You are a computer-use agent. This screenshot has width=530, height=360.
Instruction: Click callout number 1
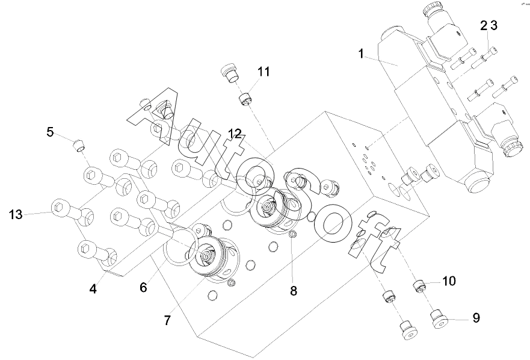pyautogui.click(x=362, y=54)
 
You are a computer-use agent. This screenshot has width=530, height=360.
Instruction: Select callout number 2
pyautogui.click(x=484, y=25)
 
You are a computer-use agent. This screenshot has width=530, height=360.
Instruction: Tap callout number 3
pyautogui.click(x=494, y=25)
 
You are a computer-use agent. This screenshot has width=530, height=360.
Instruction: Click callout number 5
pyautogui.click(x=50, y=132)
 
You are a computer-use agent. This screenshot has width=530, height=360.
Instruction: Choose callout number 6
pyautogui.click(x=144, y=288)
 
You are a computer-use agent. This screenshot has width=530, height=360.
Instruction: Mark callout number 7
pyautogui.click(x=168, y=320)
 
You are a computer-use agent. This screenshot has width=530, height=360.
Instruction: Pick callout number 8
pyautogui.click(x=294, y=290)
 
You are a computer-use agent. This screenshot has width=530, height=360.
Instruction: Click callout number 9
pyautogui.click(x=476, y=318)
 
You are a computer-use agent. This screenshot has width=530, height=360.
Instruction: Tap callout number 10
pyautogui.click(x=449, y=281)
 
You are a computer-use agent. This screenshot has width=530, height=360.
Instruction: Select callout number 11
pyautogui.click(x=264, y=72)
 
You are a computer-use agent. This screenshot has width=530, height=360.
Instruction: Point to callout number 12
pyautogui.click(x=235, y=134)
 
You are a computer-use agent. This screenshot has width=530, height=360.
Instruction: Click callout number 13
pyautogui.click(x=16, y=214)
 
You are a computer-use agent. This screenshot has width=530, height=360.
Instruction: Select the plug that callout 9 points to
pyautogui.click(x=439, y=319)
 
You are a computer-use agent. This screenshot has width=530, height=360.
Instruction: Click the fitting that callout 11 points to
pyautogui.click(x=245, y=99)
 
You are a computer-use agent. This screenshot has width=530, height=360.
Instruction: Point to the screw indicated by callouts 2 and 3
pyautogui.click(x=485, y=57)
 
